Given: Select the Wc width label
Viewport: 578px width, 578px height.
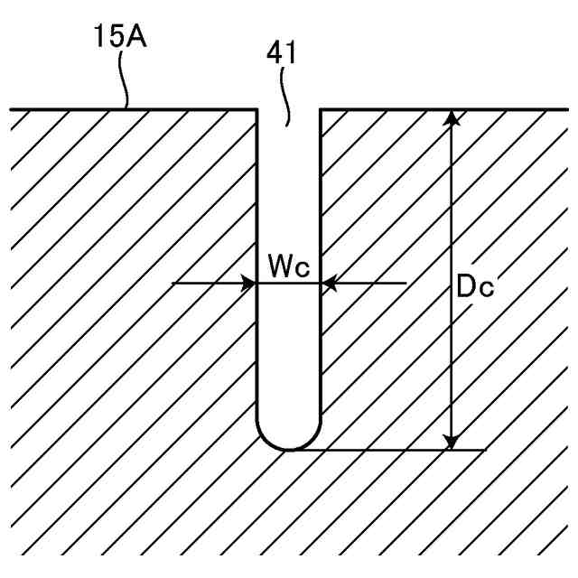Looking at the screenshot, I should (x=288, y=266).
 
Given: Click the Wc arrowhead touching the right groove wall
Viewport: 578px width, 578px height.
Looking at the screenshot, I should (x=330, y=284).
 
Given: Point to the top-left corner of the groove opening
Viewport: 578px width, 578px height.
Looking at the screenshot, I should (x=258, y=110).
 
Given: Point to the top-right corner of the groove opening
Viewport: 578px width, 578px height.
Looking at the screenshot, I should (x=321, y=110).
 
